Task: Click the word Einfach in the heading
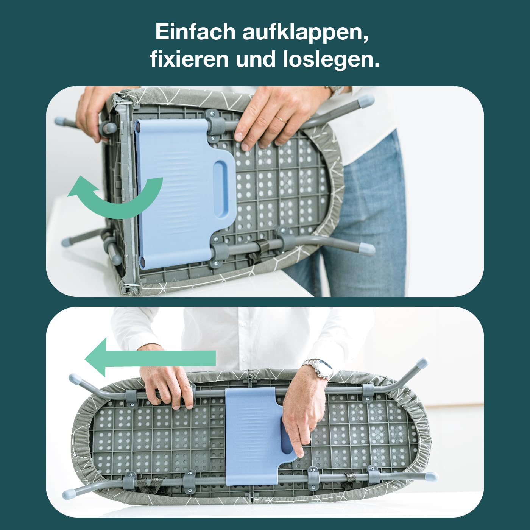tap(195, 32)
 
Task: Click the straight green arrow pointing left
tap(150, 357)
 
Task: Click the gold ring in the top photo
tap(281, 120)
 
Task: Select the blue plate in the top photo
tap(182, 194)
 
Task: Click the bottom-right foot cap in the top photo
tap(366, 249)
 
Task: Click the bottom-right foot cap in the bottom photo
tap(430, 476)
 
